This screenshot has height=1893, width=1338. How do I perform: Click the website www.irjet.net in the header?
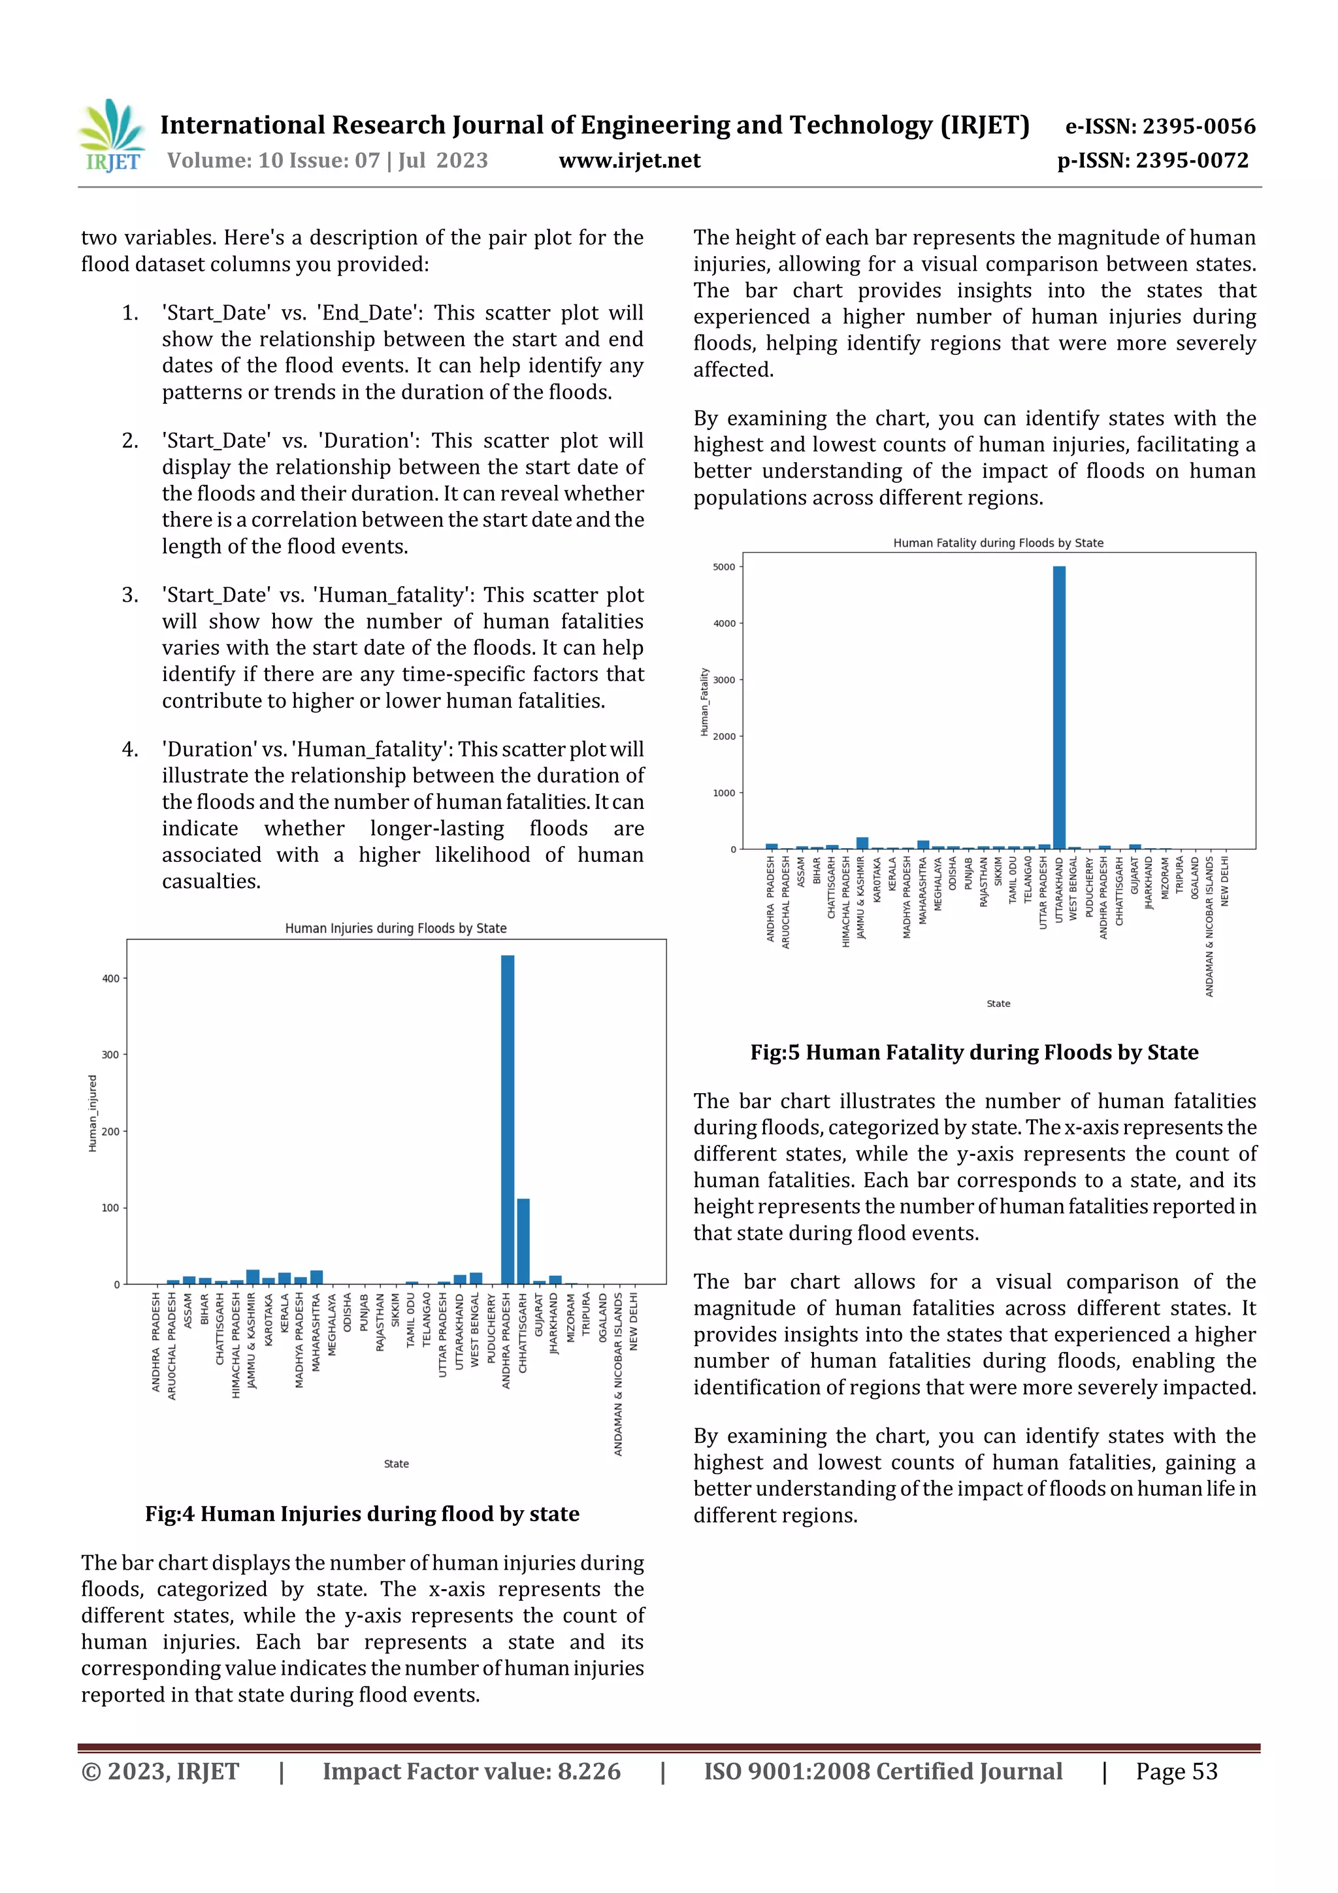pos(629,161)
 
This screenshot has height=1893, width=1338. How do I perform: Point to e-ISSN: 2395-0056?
pos(1160,126)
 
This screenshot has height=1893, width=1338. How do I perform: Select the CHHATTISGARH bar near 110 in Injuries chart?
pos(523,1241)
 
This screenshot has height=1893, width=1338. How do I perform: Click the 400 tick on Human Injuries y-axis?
pos(110,979)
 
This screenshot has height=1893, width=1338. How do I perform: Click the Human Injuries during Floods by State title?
pos(396,929)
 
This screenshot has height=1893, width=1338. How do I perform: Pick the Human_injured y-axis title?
pos(92,1113)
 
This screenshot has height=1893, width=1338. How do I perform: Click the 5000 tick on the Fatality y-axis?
pos(723,567)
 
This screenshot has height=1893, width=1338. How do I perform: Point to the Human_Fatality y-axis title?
pos(704,702)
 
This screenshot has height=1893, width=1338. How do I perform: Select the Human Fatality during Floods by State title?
pos(998,543)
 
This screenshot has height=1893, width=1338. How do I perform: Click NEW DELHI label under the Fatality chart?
pos(1224,881)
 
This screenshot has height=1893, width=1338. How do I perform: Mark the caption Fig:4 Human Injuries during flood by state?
pos(362,1514)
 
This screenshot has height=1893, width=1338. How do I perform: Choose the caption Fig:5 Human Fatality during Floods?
pos(973,1053)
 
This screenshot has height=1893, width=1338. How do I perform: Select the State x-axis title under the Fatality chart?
pos(998,1004)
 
